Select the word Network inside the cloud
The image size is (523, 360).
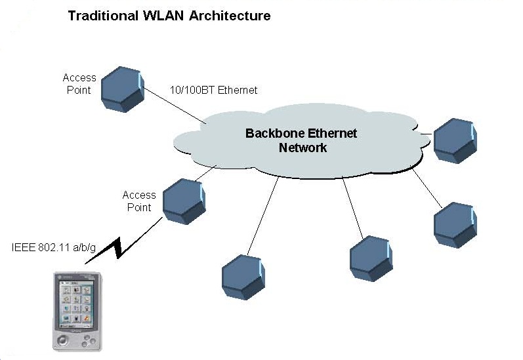pyautogui.click(x=303, y=148)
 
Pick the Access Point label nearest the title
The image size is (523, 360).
pyautogui.click(x=79, y=83)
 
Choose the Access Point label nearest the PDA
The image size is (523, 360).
pyautogui.click(x=139, y=201)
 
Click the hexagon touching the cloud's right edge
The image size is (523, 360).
pyautogui.click(x=455, y=140)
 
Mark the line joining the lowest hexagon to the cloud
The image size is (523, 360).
pyautogui.click(x=262, y=216)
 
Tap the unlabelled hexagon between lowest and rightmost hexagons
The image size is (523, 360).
pyautogui.click(x=371, y=258)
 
